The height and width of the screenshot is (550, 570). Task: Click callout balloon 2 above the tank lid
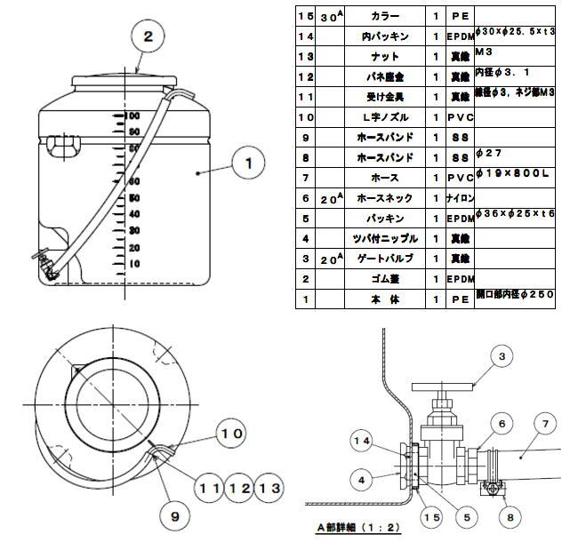tap(149, 36)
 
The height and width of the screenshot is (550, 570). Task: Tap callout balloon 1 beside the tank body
tap(249, 163)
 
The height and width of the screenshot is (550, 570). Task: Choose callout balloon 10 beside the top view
tap(231, 434)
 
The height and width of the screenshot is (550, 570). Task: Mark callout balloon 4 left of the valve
tap(360, 480)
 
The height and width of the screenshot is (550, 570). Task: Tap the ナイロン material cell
tap(460, 198)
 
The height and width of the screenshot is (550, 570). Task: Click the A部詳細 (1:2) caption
tap(356, 526)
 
